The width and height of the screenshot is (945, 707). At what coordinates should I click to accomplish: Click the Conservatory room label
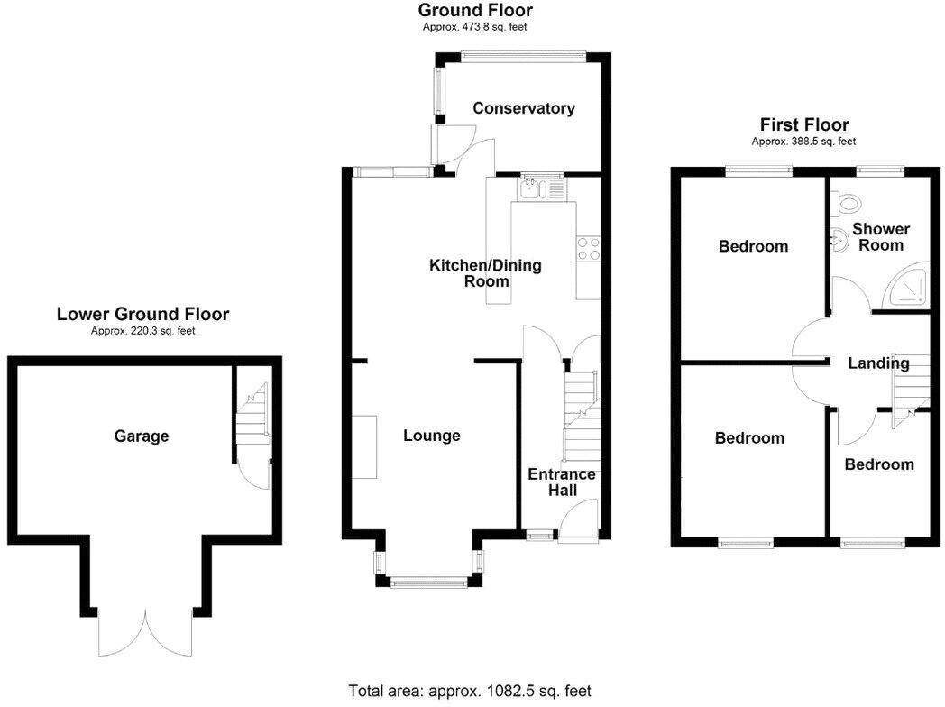pos(524,108)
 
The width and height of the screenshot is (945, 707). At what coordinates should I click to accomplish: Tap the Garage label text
pos(142,436)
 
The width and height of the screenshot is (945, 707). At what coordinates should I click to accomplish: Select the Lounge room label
pos(431,436)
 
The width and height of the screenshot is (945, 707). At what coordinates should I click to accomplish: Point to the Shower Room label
pos(881,237)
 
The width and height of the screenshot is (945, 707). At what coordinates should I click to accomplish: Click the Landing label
pos(878,363)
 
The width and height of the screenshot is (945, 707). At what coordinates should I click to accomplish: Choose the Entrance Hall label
pos(561,482)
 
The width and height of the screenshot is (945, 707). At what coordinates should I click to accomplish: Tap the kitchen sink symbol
pos(540,188)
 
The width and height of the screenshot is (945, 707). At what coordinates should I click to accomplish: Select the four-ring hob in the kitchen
pos(588,249)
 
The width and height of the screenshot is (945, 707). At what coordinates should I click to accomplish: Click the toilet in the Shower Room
pos(844,203)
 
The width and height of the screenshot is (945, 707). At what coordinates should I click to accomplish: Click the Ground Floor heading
pos(475,11)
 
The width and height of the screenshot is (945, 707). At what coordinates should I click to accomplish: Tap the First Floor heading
pos(804,125)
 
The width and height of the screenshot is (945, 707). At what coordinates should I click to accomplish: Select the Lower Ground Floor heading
pos(142,315)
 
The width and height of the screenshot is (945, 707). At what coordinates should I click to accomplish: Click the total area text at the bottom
pos(470,691)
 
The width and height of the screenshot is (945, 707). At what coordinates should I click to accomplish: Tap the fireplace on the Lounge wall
pos(364,447)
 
